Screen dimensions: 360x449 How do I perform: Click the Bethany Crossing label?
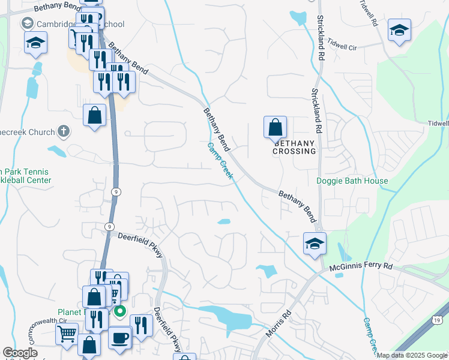295,147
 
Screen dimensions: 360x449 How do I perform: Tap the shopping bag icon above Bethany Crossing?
275,127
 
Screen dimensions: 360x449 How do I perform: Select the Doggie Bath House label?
352,181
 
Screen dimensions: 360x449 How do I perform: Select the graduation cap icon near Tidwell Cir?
399,31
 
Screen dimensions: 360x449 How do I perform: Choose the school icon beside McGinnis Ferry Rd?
315,244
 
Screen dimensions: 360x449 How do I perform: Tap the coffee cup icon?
119,337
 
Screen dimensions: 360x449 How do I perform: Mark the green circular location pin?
119,311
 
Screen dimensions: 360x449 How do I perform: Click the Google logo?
20,353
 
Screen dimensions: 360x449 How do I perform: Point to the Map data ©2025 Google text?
412,355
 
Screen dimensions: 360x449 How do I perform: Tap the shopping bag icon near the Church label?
95,116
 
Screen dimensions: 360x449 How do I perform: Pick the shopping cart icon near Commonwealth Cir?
67,333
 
